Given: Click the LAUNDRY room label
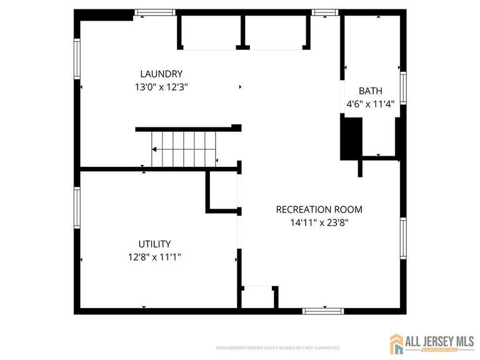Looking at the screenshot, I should pos(161,74).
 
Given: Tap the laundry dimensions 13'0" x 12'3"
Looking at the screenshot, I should pos(161,87).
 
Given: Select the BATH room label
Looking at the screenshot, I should pos(370,91).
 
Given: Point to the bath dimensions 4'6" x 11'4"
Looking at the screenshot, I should pos(370,104).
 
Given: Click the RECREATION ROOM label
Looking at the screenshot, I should pos(319,209).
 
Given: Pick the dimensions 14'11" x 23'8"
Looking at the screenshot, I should pos(319,222).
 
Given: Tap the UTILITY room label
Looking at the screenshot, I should pos(154,244).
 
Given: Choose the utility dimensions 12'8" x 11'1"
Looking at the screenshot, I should pos(154,256).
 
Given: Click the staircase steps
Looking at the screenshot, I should pos(184,149).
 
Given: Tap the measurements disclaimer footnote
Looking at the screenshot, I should pos(277,347).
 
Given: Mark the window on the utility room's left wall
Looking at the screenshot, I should pos(77,209).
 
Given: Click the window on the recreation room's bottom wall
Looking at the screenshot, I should pos(322,311).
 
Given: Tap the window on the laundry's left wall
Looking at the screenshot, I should pos(77,58).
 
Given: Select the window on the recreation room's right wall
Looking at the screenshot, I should pos(403,238).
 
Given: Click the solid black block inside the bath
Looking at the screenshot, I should pos(351,139).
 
